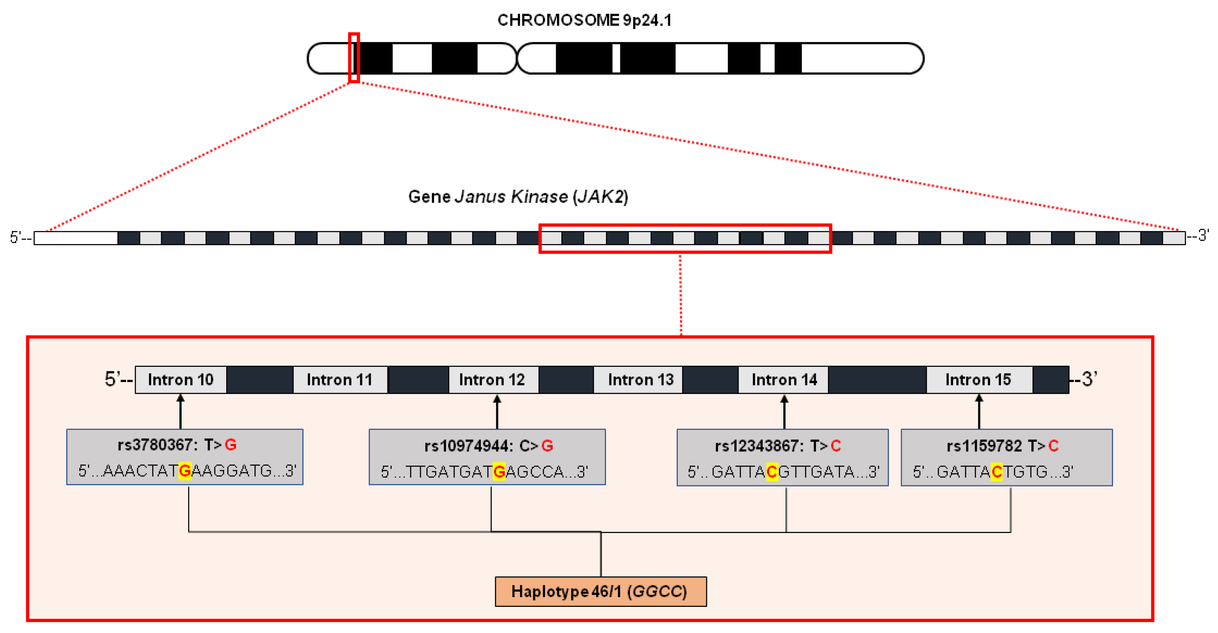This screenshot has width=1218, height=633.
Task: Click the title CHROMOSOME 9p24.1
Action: point(585,20)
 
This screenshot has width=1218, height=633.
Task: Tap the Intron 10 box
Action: point(181,380)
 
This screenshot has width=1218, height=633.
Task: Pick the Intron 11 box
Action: point(340,380)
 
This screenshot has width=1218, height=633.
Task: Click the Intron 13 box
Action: point(638,380)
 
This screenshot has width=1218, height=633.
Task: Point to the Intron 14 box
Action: point(783,380)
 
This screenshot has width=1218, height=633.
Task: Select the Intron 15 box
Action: point(979,380)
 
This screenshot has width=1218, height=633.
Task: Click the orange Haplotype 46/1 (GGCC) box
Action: point(600,591)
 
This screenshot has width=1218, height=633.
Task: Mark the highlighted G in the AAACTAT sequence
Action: point(185,471)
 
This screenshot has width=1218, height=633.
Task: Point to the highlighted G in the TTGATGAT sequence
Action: point(499,472)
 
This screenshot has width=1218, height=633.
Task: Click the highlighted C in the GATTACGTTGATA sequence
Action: point(772,472)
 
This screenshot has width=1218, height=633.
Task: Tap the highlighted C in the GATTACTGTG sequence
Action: point(997,472)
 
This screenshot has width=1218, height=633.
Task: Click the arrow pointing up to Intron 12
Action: point(497,412)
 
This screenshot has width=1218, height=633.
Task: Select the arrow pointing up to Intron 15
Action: point(979,412)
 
